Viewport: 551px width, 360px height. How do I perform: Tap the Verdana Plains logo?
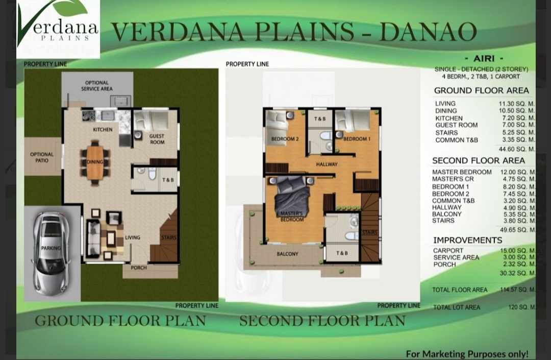pyautogui.click(x=58, y=28)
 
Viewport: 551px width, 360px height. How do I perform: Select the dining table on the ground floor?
pyautogui.click(x=95, y=162)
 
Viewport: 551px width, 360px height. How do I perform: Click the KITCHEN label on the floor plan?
pyautogui.click(x=103, y=129)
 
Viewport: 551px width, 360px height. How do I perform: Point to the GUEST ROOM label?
pyautogui.click(x=157, y=139)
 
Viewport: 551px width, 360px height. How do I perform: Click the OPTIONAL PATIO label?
pyautogui.click(x=42, y=157)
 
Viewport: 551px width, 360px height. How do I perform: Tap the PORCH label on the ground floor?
pyautogui.click(x=139, y=268)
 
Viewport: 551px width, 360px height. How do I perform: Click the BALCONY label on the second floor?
pyautogui.click(x=287, y=253)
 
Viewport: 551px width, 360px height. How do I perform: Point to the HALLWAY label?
pyautogui.click(x=327, y=164)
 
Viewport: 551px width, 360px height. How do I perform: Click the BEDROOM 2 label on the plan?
pyautogui.click(x=285, y=139)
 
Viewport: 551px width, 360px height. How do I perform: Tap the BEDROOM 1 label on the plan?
pyautogui.click(x=357, y=139)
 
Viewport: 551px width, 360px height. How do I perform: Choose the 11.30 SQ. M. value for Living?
pyautogui.click(x=516, y=103)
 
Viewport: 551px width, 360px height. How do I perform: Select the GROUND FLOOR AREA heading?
pyautogui.click(x=482, y=90)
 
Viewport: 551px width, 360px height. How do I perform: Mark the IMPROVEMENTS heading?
pyautogui.click(x=468, y=240)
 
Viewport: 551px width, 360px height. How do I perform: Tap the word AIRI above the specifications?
pyautogui.click(x=484, y=58)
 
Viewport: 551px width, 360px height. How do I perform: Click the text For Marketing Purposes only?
pyautogui.click(x=467, y=354)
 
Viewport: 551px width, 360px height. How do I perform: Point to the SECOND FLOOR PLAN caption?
pyautogui.click(x=322, y=321)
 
